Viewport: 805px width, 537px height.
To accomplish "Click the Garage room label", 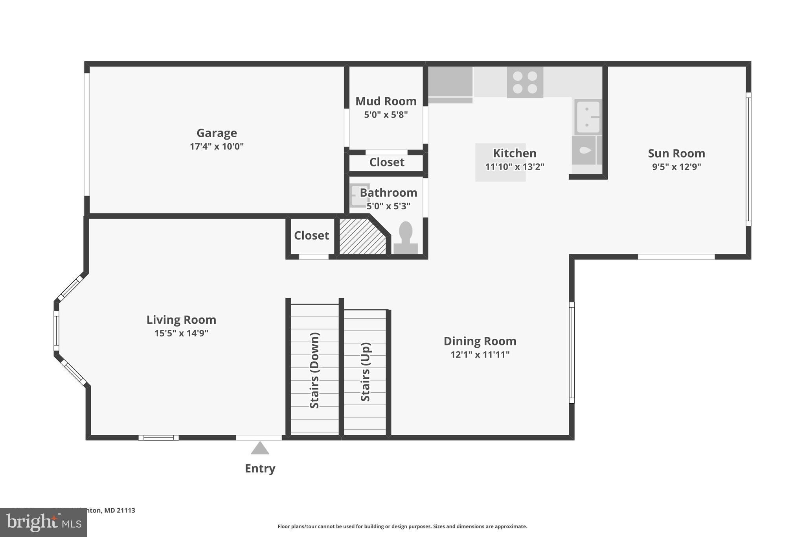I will (x=217, y=133).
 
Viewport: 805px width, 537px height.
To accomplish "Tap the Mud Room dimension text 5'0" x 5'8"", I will (x=386, y=115).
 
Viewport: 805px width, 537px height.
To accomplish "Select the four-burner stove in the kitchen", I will (x=525, y=82).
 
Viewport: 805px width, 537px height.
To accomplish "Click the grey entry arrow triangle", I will (x=260, y=448).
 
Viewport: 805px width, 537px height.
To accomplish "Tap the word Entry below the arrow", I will (x=260, y=468).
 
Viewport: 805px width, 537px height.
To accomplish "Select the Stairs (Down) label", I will (x=314, y=370).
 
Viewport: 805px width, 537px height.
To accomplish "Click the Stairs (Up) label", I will (x=365, y=372).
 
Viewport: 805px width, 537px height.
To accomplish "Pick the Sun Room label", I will (x=676, y=153).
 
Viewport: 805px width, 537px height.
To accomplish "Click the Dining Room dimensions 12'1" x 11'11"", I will (x=480, y=355).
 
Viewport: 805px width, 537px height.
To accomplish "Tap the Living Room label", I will (x=181, y=320).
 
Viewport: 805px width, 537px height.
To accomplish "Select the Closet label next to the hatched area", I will (x=311, y=235).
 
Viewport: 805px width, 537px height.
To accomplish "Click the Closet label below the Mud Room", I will (x=386, y=162).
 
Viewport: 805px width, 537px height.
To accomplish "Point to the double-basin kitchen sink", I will (x=588, y=117).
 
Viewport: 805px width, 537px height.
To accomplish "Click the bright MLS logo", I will (x=43, y=522).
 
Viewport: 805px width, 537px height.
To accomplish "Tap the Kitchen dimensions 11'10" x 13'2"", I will (x=514, y=167).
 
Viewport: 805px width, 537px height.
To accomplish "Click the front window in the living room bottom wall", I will (x=158, y=437).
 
